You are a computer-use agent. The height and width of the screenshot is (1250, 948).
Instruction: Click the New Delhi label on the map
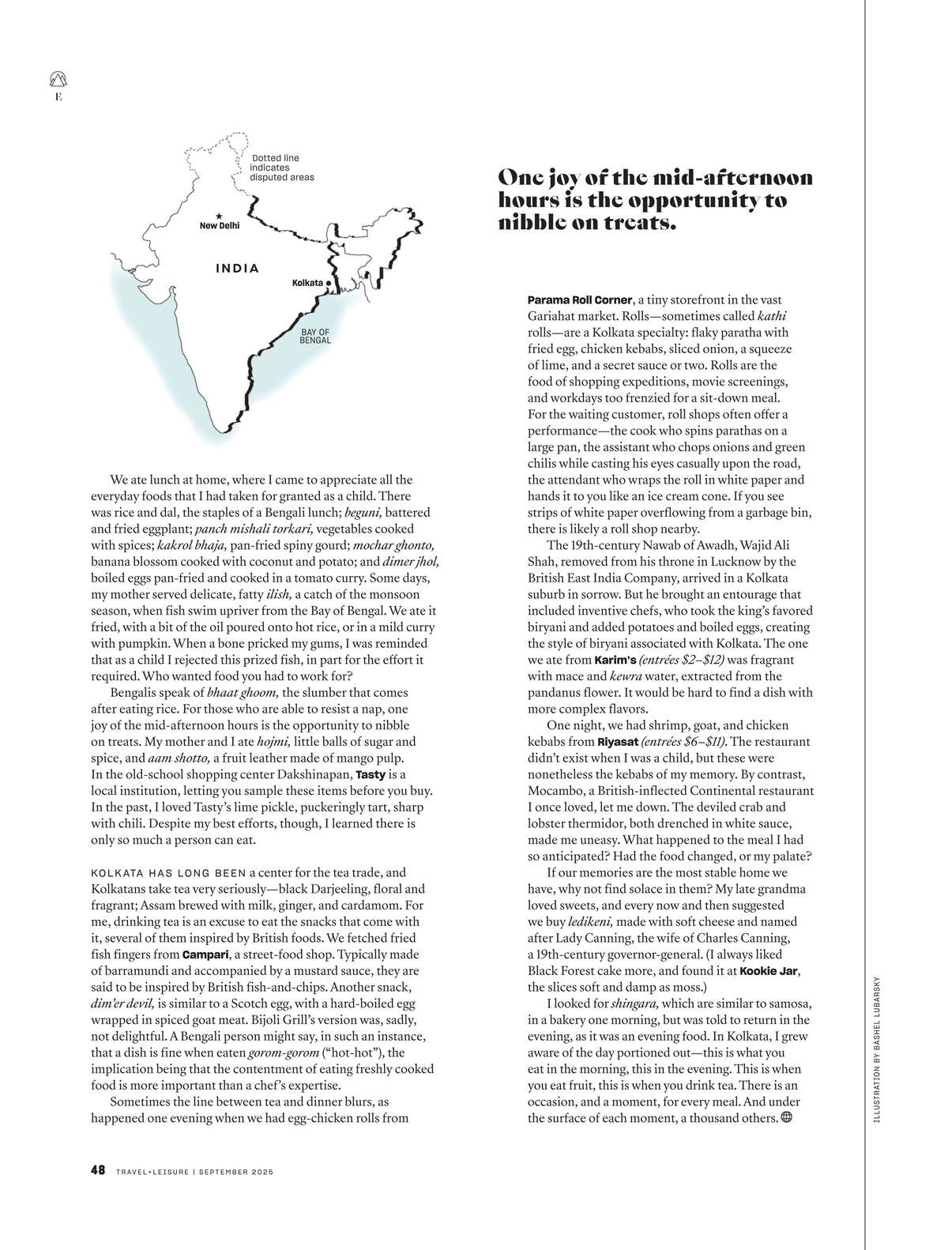pyautogui.click(x=219, y=226)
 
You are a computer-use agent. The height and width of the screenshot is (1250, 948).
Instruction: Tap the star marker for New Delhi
pyautogui.click(x=219, y=216)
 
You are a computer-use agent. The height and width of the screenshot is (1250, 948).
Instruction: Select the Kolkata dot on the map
pyautogui.click(x=329, y=282)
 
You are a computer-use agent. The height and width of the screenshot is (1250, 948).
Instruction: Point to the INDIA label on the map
pyautogui.click(x=237, y=269)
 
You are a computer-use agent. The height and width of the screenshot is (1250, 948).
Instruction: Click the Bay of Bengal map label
pyautogui.click(x=314, y=336)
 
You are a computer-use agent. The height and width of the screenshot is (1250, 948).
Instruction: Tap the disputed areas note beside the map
pyautogui.click(x=282, y=168)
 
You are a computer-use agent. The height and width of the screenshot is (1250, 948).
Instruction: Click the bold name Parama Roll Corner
pyautogui.click(x=580, y=300)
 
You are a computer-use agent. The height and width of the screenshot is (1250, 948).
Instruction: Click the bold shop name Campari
pyautogui.click(x=206, y=954)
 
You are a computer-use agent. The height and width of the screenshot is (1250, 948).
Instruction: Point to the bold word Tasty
pyautogui.click(x=371, y=774)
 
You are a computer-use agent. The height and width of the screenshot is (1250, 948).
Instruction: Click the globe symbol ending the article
pyautogui.click(x=786, y=1117)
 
